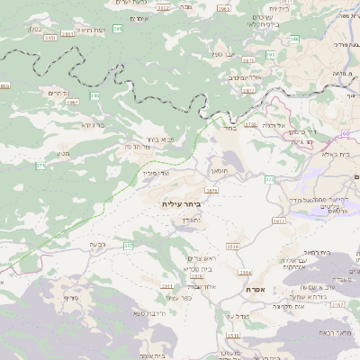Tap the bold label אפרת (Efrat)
255,290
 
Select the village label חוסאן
220,169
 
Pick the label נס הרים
57,93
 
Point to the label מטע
64,154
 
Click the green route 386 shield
94,95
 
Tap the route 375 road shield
40,166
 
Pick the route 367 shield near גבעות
129,245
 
